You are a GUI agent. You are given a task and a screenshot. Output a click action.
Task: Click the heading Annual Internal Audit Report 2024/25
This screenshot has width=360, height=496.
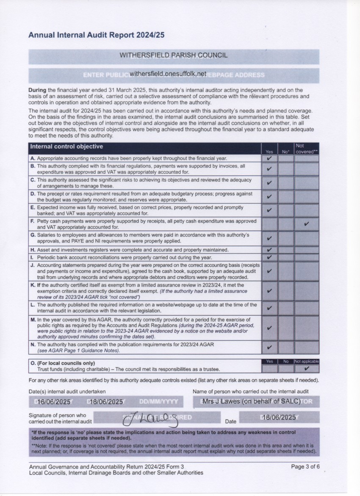96,36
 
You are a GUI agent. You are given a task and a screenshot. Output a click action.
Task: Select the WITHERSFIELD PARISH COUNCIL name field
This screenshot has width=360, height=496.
173,55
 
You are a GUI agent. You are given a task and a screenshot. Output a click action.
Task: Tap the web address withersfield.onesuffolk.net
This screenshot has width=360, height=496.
168,73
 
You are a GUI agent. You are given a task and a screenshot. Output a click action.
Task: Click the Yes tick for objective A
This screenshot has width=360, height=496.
269,158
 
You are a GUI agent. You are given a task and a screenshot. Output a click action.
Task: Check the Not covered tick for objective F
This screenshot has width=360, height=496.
306,224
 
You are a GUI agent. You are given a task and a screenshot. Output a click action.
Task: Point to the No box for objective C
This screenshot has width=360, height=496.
286,183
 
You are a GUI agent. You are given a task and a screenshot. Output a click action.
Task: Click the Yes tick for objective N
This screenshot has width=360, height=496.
269,348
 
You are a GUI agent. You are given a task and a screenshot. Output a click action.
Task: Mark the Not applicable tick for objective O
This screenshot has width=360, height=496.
306,369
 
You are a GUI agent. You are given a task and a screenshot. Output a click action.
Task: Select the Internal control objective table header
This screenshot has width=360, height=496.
66,147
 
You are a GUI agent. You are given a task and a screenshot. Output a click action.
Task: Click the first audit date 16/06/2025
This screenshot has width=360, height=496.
54,402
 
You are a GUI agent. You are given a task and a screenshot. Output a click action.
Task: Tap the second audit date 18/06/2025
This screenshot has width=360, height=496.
105,402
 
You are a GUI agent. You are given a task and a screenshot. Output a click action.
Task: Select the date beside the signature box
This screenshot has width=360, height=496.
279,417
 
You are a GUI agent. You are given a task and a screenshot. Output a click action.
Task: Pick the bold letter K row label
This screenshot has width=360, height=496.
33,285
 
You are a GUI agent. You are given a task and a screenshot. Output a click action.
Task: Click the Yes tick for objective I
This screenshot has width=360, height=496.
269,257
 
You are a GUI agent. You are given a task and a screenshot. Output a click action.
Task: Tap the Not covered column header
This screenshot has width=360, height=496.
306,148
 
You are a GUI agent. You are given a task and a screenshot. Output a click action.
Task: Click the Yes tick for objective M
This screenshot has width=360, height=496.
269,328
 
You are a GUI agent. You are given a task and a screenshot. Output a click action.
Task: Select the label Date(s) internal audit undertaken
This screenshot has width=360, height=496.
67,392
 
